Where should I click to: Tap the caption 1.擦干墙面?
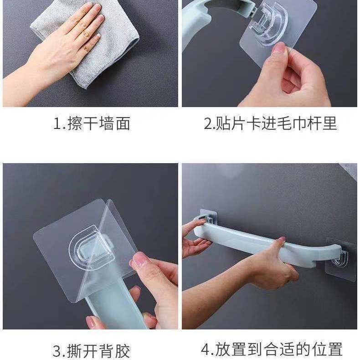(92, 123)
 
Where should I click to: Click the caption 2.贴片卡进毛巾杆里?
(270, 123)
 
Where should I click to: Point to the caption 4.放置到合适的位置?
(272, 349)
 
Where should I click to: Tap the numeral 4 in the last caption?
(205, 350)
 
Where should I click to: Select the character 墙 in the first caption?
(106, 124)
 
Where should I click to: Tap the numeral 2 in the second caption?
(208, 124)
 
